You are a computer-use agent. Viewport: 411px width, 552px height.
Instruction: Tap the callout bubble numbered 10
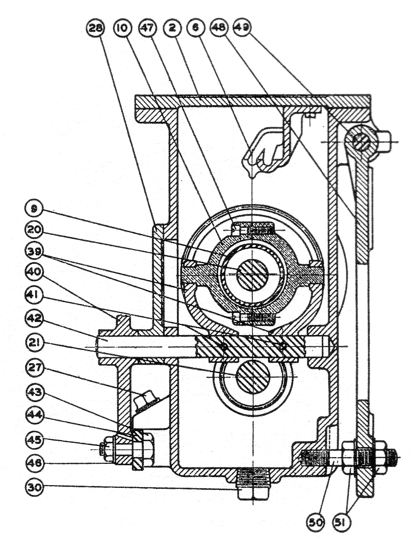122,29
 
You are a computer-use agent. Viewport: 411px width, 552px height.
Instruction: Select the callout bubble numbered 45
35,440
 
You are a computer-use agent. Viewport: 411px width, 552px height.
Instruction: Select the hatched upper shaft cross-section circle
252,275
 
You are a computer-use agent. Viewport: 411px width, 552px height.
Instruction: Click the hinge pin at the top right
363,140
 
